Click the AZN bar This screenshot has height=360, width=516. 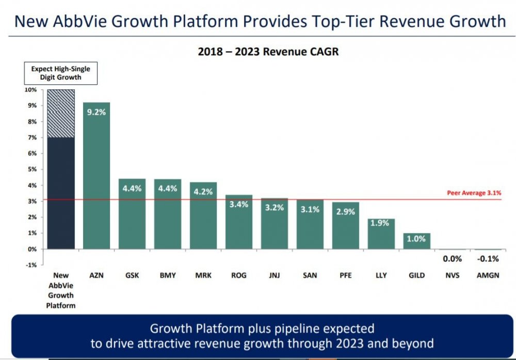pyautogui.click(x=96, y=176)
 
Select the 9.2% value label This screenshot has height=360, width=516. pyautogui.click(x=96, y=112)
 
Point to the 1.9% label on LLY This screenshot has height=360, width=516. pyautogui.click(x=381, y=223)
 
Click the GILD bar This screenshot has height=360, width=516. pyautogui.click(x=416, y=241)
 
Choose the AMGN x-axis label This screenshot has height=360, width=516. pyautogui.click(x=488, y=275)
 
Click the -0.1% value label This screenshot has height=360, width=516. pyautogui.click(x=488, y=259)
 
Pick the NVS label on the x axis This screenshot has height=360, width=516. pyautogui.click(x=452, y=275)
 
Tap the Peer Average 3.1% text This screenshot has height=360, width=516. pyautogui.click(x=474, y=193)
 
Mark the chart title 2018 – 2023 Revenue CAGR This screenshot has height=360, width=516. pyautogui.click(x=268, y=52)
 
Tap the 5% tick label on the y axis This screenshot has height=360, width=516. pyautogui.click(x=32, y=169)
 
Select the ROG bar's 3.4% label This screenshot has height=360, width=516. pyautogui.click(x=239, y=204)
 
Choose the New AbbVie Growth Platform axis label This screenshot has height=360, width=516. pyautogui.click(x=61, y=290)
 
